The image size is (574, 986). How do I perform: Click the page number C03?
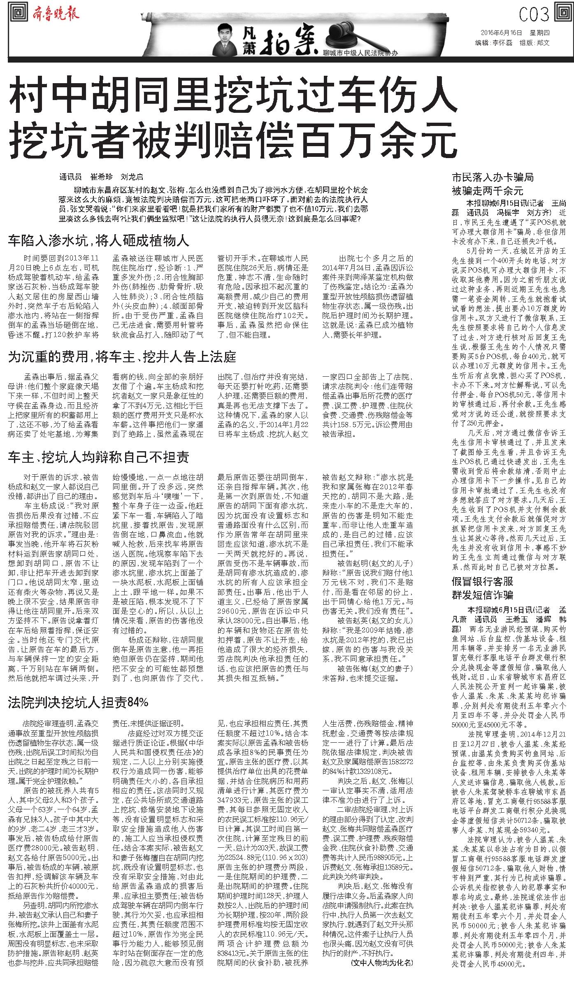(534, 15)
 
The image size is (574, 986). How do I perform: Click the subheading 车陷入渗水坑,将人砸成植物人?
(98, 240)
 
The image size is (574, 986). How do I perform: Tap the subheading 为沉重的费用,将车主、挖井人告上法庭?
(122, 357)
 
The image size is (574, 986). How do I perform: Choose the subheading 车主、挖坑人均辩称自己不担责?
(99, 457)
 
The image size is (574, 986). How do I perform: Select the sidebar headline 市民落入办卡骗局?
(493, 178)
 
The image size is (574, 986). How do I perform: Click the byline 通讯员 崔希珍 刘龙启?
(101, 177)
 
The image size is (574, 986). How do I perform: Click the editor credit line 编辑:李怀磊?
(494, 43)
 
